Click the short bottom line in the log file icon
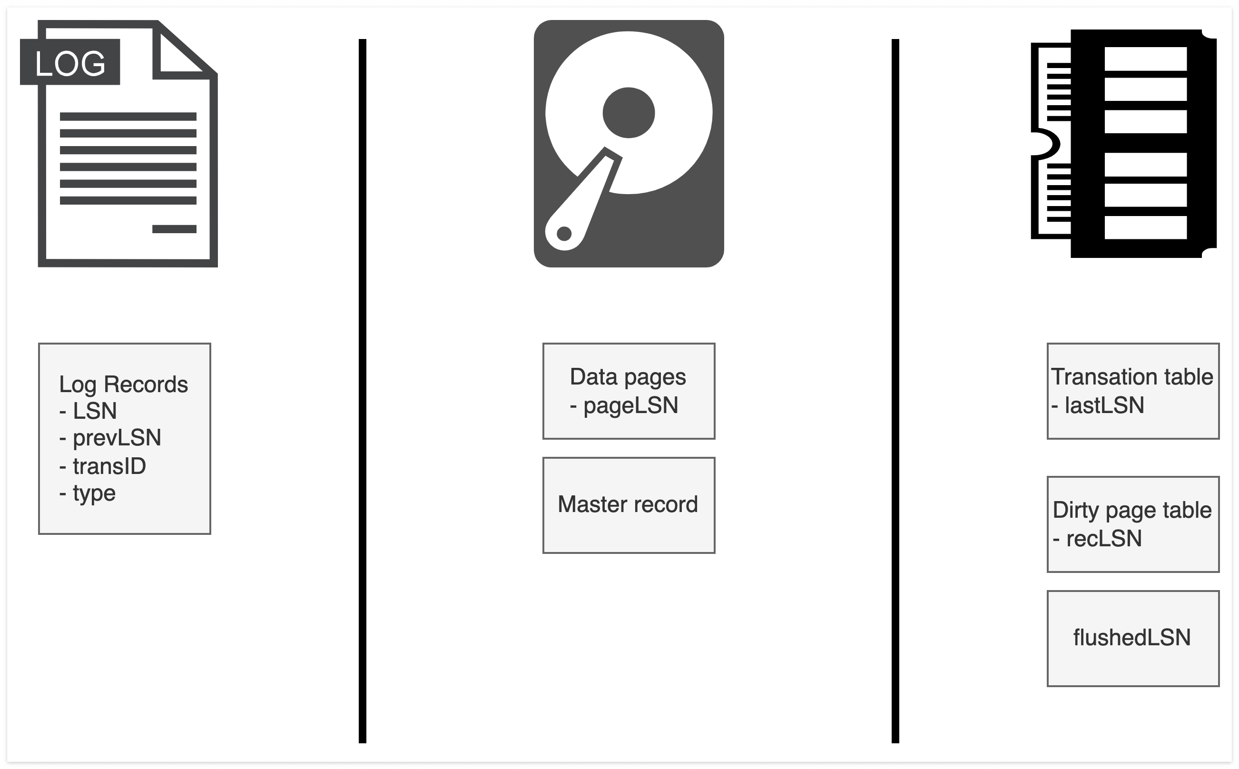point(175,229)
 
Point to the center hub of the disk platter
point(629,113)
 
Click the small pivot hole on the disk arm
point(564,234)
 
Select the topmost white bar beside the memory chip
point(1145,59)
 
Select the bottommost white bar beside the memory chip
point(1145,227)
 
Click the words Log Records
point(124,384)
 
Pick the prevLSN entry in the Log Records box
point(117,438)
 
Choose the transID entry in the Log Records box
point(109,466)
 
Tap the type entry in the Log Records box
point(94,493)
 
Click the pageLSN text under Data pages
point(630,406)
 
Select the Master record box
point(629,504)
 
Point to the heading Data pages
point(628,377)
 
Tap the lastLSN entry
point(1104,405)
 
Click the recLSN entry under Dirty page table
point(1104,539)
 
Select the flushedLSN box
point(1133,638)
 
